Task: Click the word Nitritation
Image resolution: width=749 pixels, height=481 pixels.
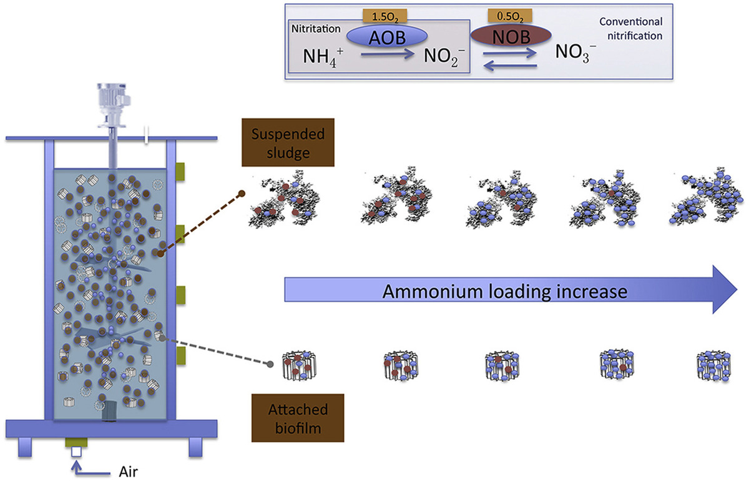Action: tap(316, 29)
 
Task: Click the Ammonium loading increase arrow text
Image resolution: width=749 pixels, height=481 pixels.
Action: tap(504, 292)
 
